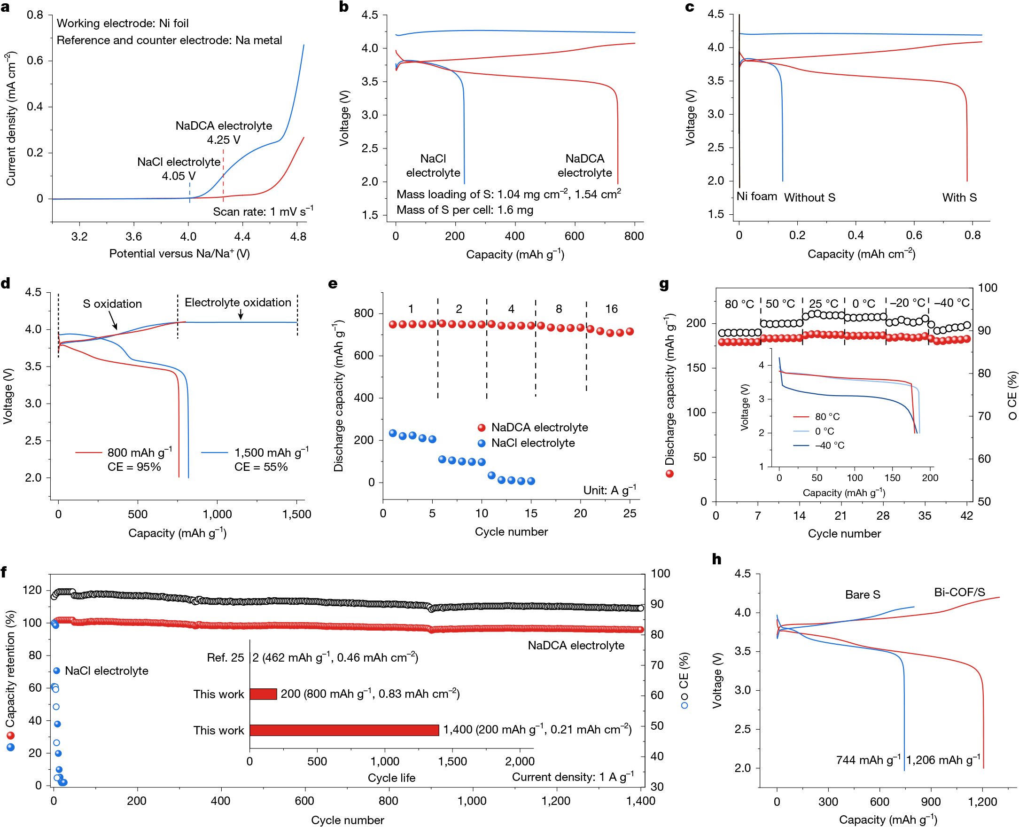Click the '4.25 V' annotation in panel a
click(x=223, y=140)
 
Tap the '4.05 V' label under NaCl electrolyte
click(x=179, y=176)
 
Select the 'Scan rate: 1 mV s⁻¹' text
click(x=263, y=211)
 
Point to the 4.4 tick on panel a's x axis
click(x=242, y=236)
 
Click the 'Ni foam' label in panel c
click(x=757, y=196)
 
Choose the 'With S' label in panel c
click(x=959, y=197)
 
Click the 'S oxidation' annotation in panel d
click(x=112, y=304)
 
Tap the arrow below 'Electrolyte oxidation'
click(x=241, y=314)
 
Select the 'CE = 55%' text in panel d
click(x=261, y=467)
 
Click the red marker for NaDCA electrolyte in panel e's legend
click(x=482, y=428)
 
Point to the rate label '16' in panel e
click(x=611, y=309)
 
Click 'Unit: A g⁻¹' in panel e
click(x=609, y=490)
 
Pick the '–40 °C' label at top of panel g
click(x=951, y=303)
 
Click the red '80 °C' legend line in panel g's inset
click(x=801, y=417)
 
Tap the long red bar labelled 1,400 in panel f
click(x=344, y=730)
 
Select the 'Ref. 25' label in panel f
click(x=225, y=658)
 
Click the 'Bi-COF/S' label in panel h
click(x=959, y=592)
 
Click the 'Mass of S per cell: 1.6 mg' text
click(x=465, y=210)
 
